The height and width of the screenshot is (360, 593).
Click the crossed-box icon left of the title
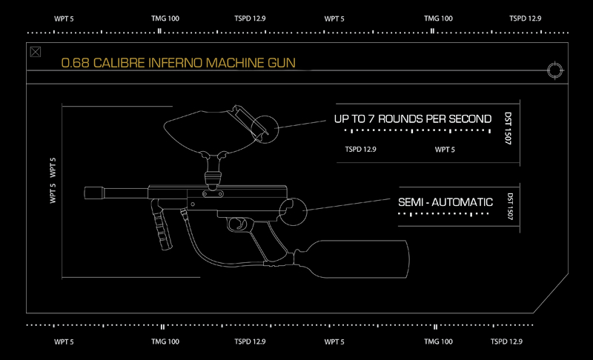point(35,52)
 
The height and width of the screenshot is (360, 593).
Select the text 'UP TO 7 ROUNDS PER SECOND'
point(413,119)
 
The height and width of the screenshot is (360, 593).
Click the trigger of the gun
point(239,221)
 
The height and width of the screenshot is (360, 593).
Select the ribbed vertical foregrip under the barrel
point(161,221)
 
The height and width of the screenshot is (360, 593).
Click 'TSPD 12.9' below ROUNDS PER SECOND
point(361,150)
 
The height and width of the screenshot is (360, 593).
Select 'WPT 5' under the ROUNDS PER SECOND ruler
point(444,150)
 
